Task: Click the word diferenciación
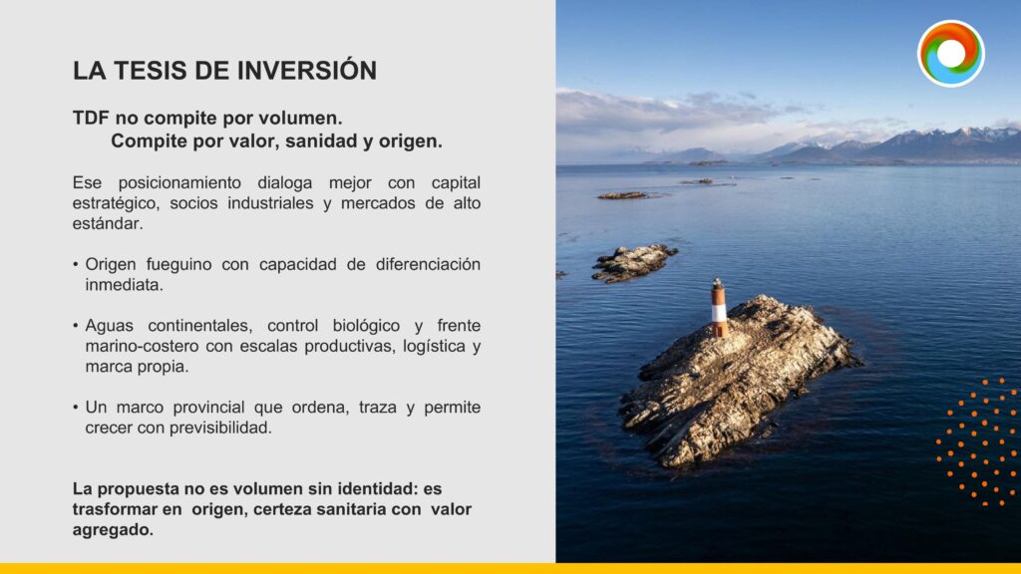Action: point(428,264)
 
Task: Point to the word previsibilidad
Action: point(220,428)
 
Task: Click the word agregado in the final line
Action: point(113,530)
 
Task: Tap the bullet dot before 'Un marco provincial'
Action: point(76,408)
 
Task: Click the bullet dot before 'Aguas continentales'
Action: point(76,326)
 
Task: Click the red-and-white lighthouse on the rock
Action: point(718,308)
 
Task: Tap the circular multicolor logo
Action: point(950,54)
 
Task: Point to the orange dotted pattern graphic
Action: point(978,441)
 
